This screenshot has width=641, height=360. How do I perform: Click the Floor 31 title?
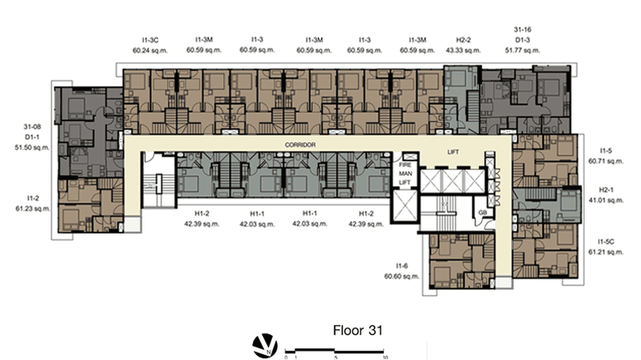pyautogui.click(x=358, y=330)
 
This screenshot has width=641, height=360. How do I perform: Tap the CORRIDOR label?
pyautogui.click(x=300, y=145)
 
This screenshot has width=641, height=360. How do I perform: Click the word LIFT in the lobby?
pyautogui.click(x=453, y=152)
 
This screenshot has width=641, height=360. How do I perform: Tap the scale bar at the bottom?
pyautogui.click(x=335, y=352)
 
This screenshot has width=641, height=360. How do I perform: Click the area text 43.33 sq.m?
pyautogui.click(x=463, y=50)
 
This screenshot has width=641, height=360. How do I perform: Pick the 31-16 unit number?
pyautogui.click(x=522, y=30)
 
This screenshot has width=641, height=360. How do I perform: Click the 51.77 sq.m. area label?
pyautogui.click(x=522, y=50)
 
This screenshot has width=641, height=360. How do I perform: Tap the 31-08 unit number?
pyautogui.click(x=32, y=127)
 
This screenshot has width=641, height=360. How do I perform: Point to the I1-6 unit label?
pyautogui.click(x=402, y=265)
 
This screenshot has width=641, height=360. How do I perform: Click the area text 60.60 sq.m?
pyautogui.click(x=402, y=276)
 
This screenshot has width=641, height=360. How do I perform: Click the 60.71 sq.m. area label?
pyautogui.click(x=606, y=161)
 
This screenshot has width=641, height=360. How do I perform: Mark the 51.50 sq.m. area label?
pyautogui.click(x=32, y=148)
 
